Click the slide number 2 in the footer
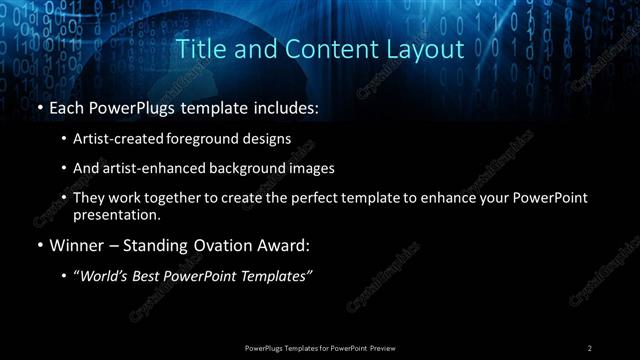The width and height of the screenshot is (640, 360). [x=590, y=347]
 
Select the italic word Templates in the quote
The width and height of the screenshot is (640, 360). [x=277, y=276]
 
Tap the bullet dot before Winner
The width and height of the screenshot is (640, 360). [x=39, y=245]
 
